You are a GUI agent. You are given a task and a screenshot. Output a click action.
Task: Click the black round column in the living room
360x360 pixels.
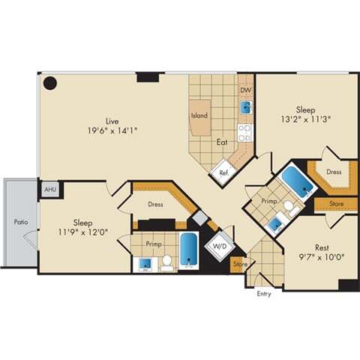(50, 83)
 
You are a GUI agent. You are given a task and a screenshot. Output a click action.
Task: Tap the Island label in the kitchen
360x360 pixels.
(199, 115)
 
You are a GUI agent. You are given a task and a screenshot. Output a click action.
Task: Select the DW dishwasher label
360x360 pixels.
(244, 90)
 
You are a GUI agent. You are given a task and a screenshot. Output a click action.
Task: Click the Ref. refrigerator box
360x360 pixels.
(223, 172)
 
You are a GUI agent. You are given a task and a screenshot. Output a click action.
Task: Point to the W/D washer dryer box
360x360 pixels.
(220, 245)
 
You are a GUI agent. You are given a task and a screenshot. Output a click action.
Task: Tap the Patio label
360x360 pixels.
(19, 222)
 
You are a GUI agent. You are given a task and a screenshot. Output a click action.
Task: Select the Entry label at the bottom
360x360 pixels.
(263, 293)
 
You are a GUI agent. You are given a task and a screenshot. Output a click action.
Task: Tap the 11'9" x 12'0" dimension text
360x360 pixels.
(83, 232)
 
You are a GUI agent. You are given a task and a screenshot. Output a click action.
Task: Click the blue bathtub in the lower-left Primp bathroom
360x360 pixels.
(188, 251)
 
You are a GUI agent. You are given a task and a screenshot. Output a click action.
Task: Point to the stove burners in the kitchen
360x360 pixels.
(244, 133)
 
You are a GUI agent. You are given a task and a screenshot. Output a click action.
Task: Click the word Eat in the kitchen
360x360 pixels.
(223, 142)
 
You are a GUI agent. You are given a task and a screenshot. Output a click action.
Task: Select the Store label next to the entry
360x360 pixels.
(239, 264)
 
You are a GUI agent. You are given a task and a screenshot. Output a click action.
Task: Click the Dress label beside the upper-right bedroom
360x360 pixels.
(334, 172)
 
